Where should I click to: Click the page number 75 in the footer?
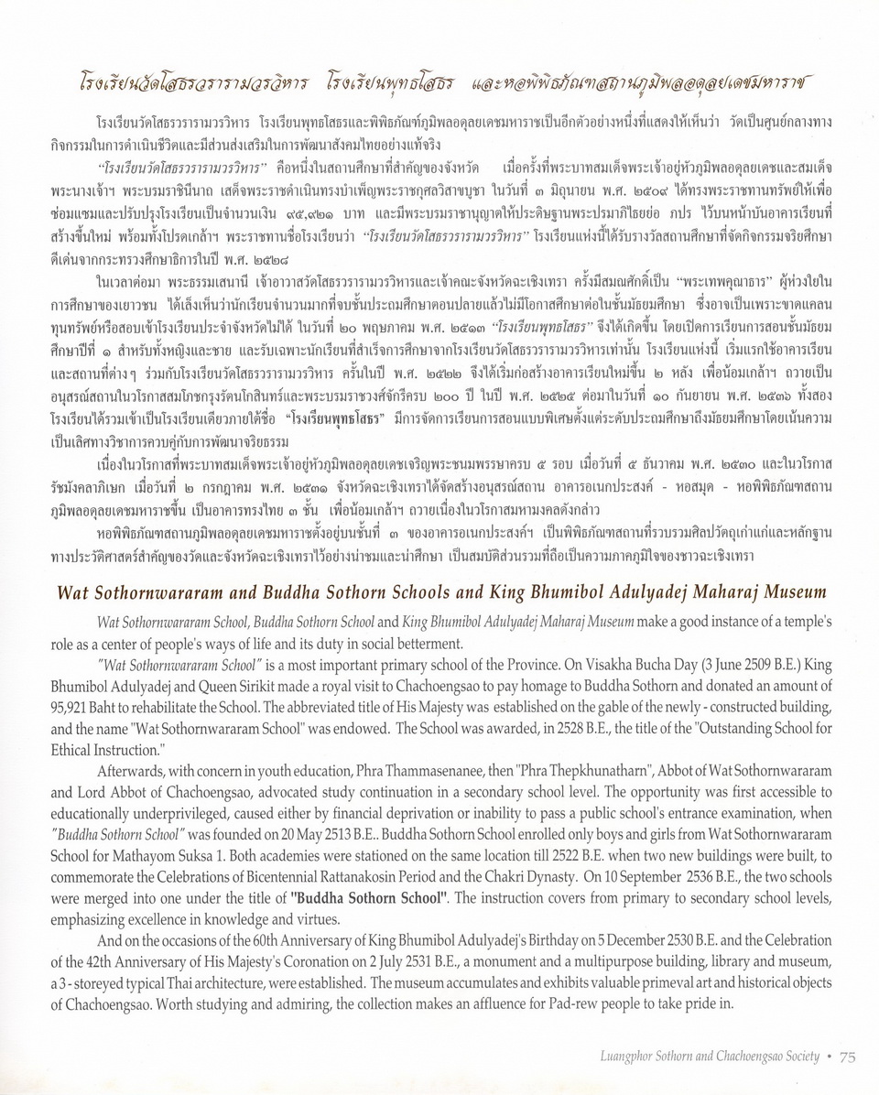[x=847, y=1056]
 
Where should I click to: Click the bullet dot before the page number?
[x=828, y=1056]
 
